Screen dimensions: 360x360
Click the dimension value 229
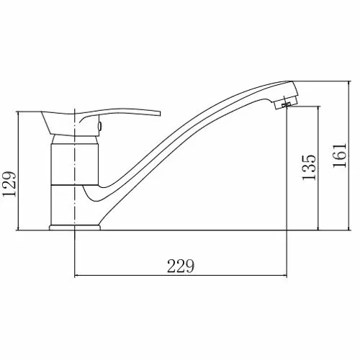180,266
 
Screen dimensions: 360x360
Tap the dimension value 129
9,184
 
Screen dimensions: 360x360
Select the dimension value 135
309,167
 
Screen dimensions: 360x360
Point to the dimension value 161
340,156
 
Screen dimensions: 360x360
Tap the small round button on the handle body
99,126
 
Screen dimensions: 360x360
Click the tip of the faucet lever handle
160,113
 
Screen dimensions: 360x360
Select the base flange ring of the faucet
75,228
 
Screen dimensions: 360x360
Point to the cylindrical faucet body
75,164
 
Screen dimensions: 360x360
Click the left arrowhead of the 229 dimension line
76,276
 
